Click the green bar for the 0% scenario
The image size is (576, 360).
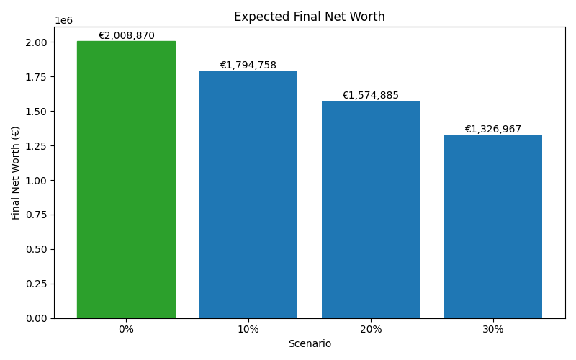coord(126,180)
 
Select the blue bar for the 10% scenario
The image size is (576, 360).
coord(248,194)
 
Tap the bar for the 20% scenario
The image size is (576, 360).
coord(371,210)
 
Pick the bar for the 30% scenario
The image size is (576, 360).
coord(493,227)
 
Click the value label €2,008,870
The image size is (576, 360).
coord(126,35)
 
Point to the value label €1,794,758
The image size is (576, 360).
coord(248,65)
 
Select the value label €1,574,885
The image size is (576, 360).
coord(371,95)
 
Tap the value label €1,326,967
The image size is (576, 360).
coord(493,130)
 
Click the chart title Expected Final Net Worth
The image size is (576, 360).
coord(310,17)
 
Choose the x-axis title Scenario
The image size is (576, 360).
coord(310,344)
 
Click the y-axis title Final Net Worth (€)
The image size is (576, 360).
coord(16,173)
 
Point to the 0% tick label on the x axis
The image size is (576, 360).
coord(126,330)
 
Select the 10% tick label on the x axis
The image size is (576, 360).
coord(248,330)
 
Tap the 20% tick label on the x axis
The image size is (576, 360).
coord(371,330)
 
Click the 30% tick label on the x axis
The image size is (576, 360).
coord(493,330)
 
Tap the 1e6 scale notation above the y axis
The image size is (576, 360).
coord(63,21)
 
